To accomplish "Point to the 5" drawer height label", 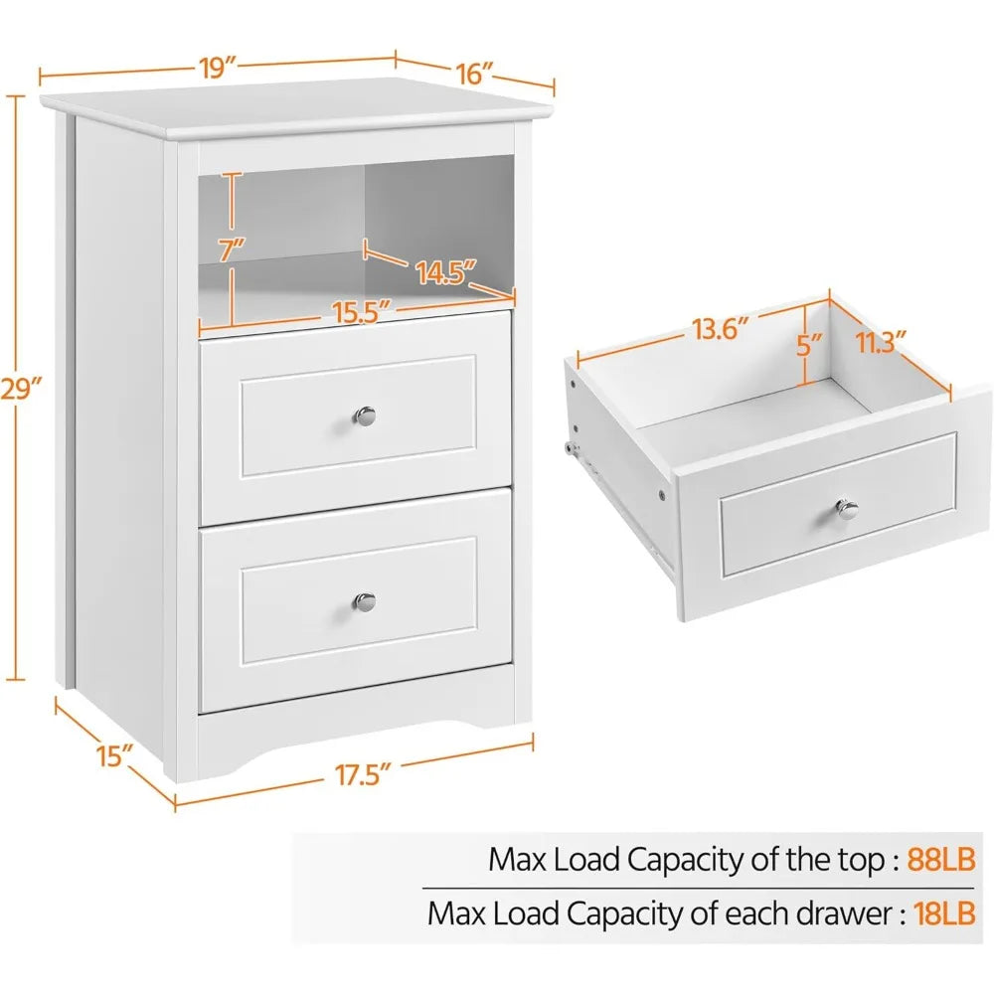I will pyautogui.click(x=809, y=346).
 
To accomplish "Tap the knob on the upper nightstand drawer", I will pyautogui.click(x=366, y=415).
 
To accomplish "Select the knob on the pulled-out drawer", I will pyautogui.click(x=847, y=509).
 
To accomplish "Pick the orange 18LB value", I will pyautogui.click(x=940, y=912).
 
